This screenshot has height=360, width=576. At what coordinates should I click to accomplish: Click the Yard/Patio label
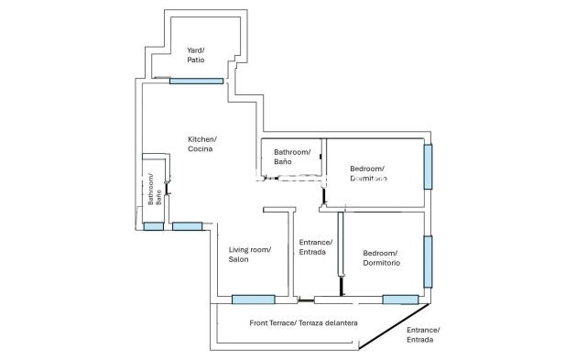(x=195, y=55)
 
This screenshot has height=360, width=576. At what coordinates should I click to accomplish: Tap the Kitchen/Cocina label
(x=202, y=144)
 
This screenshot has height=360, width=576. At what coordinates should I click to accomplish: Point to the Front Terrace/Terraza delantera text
(x=303, y=323)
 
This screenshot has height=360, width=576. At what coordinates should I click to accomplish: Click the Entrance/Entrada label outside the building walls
(x=422, y=334)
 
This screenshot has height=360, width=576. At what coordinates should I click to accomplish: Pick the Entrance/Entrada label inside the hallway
(x=315, y=246)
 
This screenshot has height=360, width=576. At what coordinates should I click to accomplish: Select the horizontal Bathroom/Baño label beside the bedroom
(x=292, y=157)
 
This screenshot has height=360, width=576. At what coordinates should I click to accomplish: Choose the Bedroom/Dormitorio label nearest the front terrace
(x=381, y=257)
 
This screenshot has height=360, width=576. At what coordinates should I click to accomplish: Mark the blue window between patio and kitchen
(x=196, y=81)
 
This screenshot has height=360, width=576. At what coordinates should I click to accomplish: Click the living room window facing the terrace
(x=253, y=299)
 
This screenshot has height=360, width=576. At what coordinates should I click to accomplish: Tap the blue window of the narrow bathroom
(x=152, y=225)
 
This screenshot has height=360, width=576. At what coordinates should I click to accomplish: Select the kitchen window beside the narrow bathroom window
(x=187, y=225)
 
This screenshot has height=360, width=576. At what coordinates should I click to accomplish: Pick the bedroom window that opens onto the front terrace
(x=400, y=299)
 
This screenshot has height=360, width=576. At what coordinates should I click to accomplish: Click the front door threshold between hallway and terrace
(x=307, y=300)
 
